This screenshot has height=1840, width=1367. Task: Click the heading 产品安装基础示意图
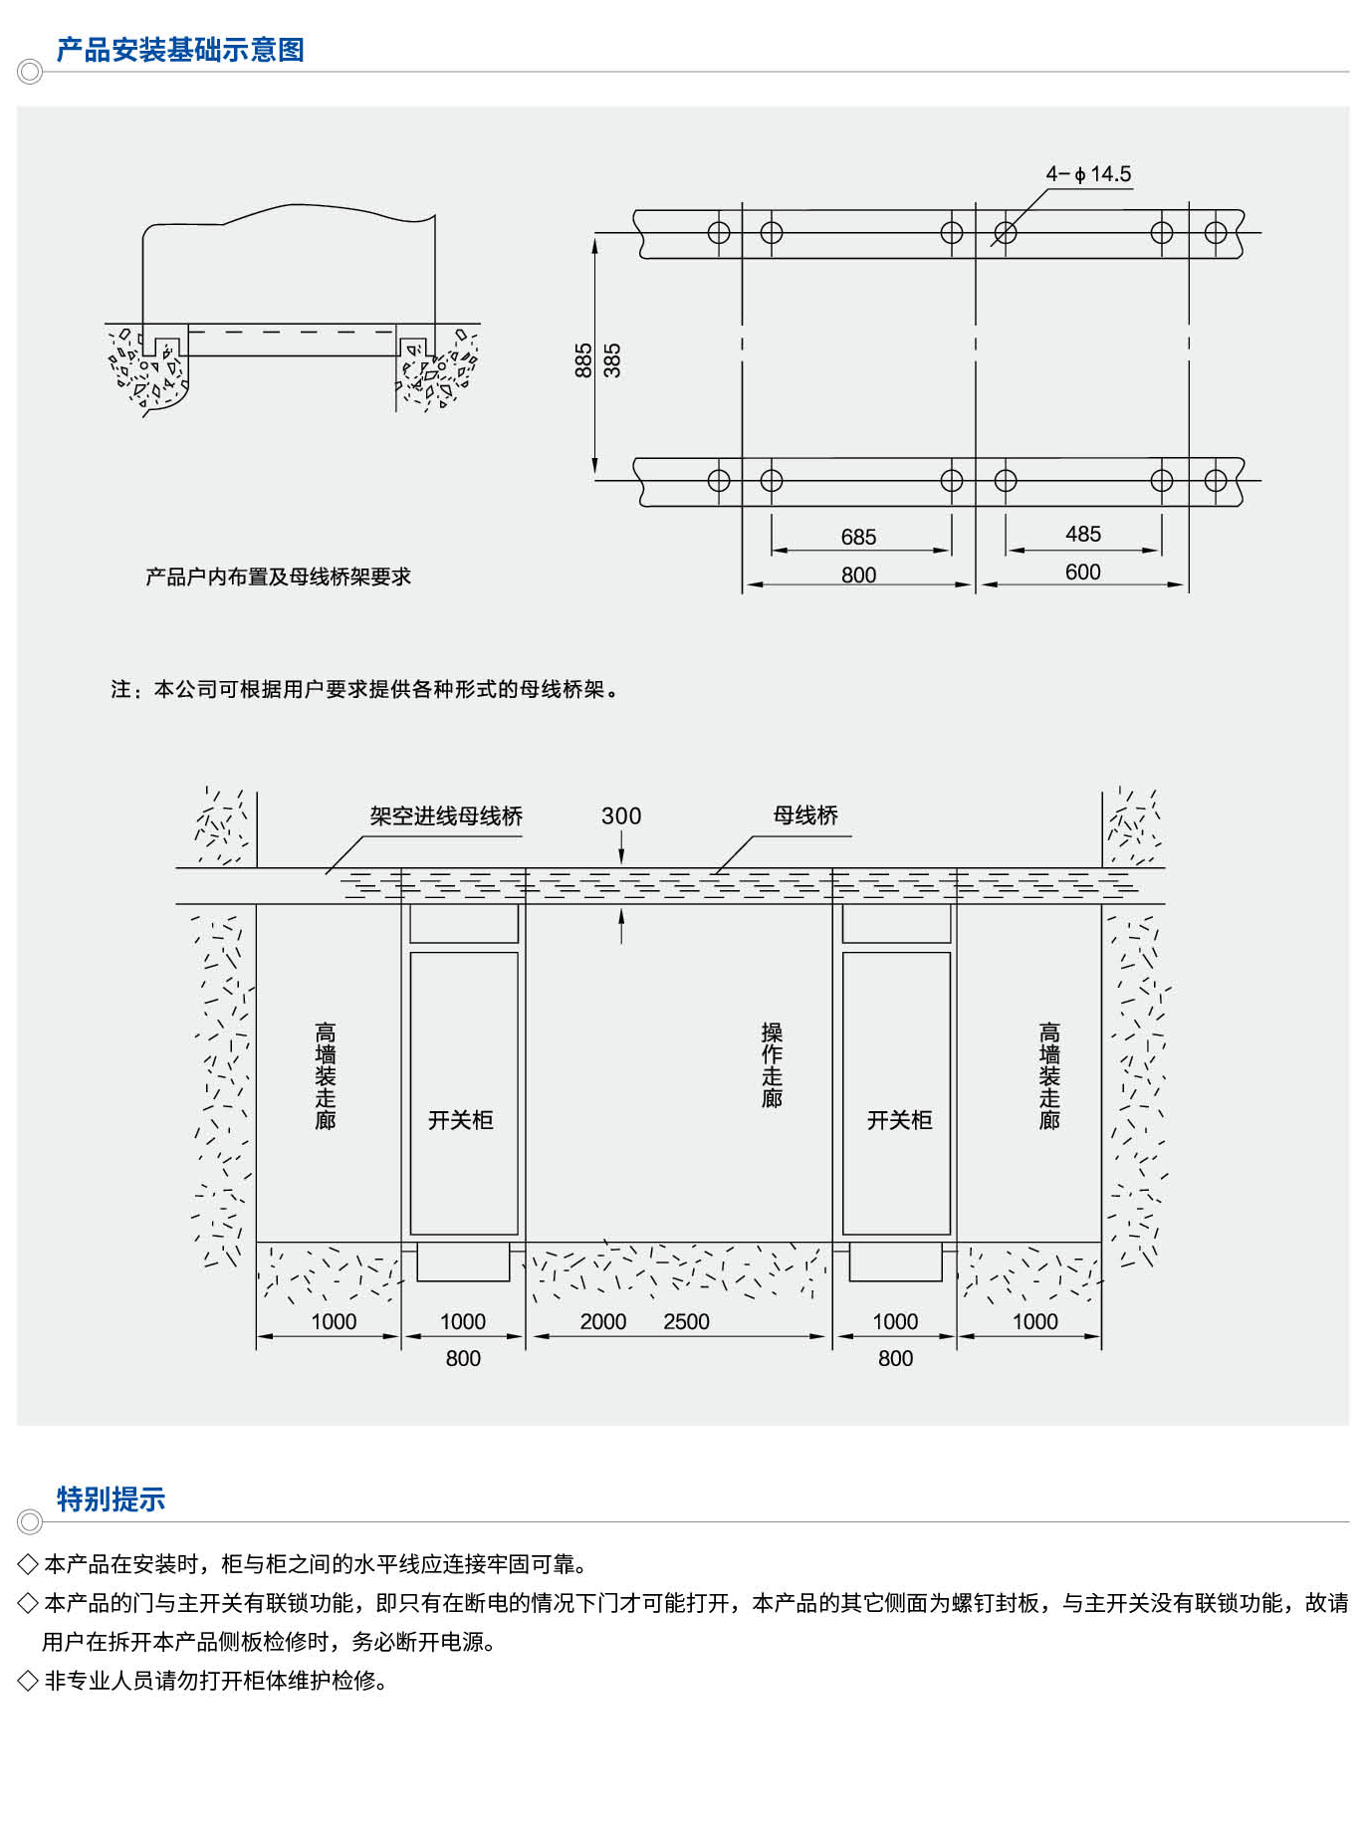180,50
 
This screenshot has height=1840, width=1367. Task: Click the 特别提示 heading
111,1498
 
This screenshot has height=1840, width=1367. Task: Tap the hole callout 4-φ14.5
1087,174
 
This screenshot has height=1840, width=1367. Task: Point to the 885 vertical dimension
583,360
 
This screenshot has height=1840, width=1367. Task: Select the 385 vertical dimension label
612,360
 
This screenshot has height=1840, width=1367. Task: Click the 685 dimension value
858,538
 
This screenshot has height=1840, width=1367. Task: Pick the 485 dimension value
1082,535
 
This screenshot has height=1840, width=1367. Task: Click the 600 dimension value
1082,573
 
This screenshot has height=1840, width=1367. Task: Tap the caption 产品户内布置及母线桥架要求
278,577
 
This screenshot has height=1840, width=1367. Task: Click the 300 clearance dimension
621,816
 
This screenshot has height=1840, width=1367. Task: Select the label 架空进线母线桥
446,816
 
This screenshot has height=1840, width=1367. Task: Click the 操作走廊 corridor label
772,1065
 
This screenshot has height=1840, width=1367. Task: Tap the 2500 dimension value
686,1322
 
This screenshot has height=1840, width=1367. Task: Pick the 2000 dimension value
603,1322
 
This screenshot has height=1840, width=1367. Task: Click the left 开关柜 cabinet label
461,1121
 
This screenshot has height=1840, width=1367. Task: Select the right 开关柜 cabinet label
899,1121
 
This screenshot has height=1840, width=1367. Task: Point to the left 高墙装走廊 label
326,1076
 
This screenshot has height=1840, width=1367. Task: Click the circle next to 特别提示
30,1521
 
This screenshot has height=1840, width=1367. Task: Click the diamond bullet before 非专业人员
28,1681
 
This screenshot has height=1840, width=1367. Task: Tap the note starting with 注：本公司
364,690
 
